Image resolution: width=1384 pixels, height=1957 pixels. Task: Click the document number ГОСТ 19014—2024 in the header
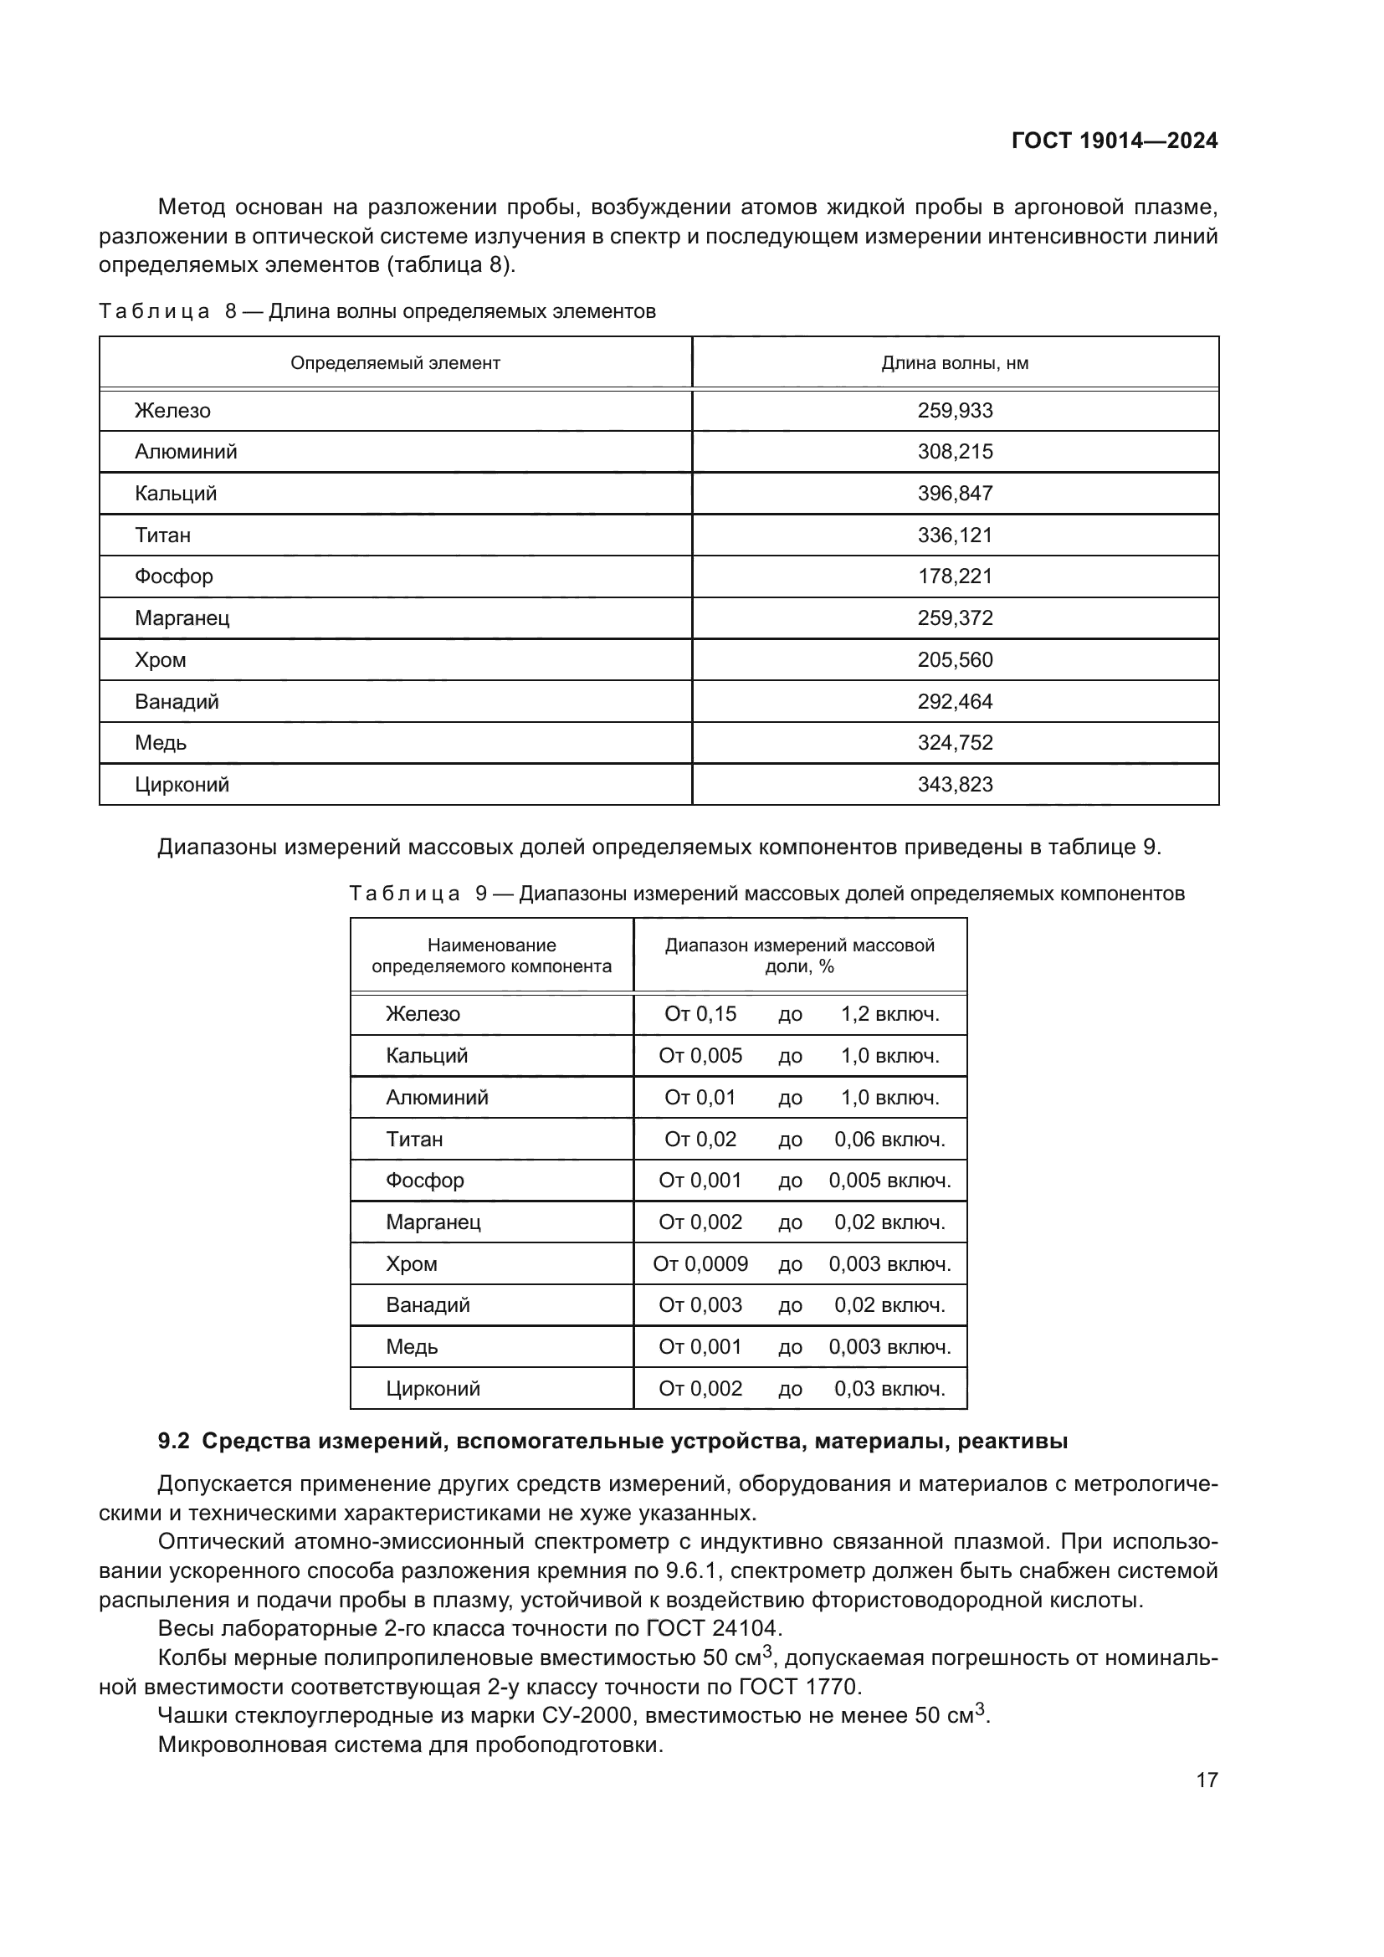pos(1114,141)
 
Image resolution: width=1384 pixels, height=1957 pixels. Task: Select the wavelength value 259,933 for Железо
pos(955,411)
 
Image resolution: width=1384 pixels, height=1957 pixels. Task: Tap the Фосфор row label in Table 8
pos(174,576)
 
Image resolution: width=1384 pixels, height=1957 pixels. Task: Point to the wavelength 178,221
pos(955,576)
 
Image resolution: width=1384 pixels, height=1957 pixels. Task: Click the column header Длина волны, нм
pos(955,363)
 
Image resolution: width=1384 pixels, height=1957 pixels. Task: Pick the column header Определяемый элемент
pos(395,363)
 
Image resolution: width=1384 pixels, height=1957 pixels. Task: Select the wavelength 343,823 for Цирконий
pos(955,784)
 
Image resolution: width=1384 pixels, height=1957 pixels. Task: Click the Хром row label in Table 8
pos(160,659)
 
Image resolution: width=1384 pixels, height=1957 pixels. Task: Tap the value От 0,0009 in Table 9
pos(700,1263)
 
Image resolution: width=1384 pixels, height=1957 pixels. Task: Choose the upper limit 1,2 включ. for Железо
pos(889,1013)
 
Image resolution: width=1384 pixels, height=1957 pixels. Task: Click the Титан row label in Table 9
pos(414,1139)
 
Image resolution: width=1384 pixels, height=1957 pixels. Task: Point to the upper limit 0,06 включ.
pos(889,1139)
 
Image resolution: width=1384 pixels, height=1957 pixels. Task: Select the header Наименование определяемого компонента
pos(491,955)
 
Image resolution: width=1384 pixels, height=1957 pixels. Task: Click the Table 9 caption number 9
pos(481,894)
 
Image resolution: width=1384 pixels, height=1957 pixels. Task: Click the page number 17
pos(1207,1780)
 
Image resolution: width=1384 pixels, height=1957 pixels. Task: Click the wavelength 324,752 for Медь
pos(955,742)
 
